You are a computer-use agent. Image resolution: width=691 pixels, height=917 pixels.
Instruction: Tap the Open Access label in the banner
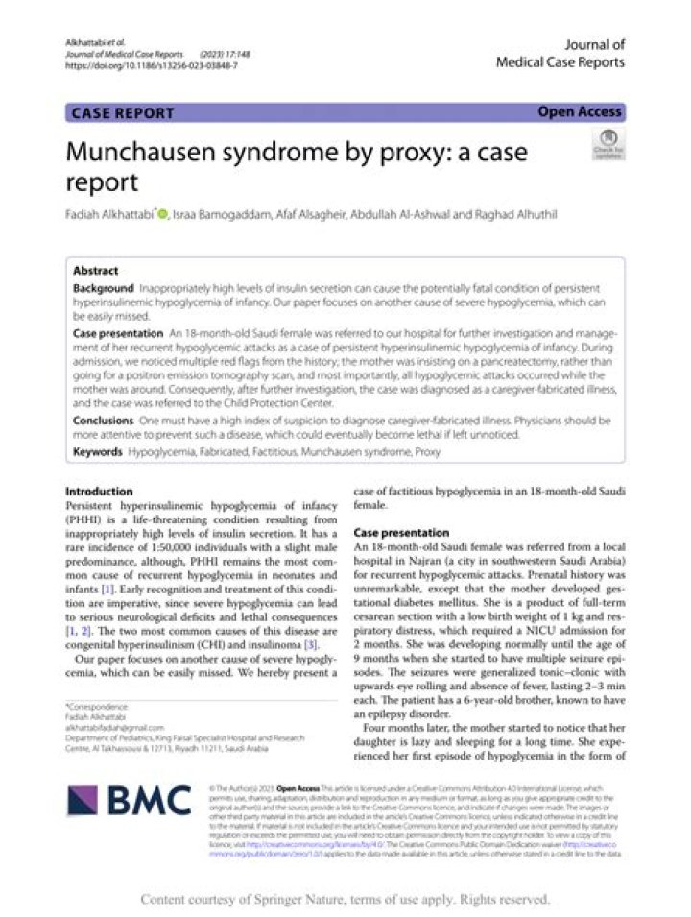pos(580,112)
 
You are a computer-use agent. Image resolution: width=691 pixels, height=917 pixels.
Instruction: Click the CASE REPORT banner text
pos(124,113)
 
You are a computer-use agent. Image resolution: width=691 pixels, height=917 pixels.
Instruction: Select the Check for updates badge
pos(608,145)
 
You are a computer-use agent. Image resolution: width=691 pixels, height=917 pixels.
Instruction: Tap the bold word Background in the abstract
pos(104,288)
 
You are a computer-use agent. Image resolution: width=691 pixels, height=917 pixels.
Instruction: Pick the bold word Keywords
pos(99,450)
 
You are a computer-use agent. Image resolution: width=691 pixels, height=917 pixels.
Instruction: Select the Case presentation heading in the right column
pos(401,532)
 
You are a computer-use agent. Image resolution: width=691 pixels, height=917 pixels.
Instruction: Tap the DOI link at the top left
pos(152,66)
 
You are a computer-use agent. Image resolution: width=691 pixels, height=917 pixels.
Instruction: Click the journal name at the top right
pos(560,53)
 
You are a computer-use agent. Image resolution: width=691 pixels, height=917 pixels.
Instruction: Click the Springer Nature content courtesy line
pos(345,900)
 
